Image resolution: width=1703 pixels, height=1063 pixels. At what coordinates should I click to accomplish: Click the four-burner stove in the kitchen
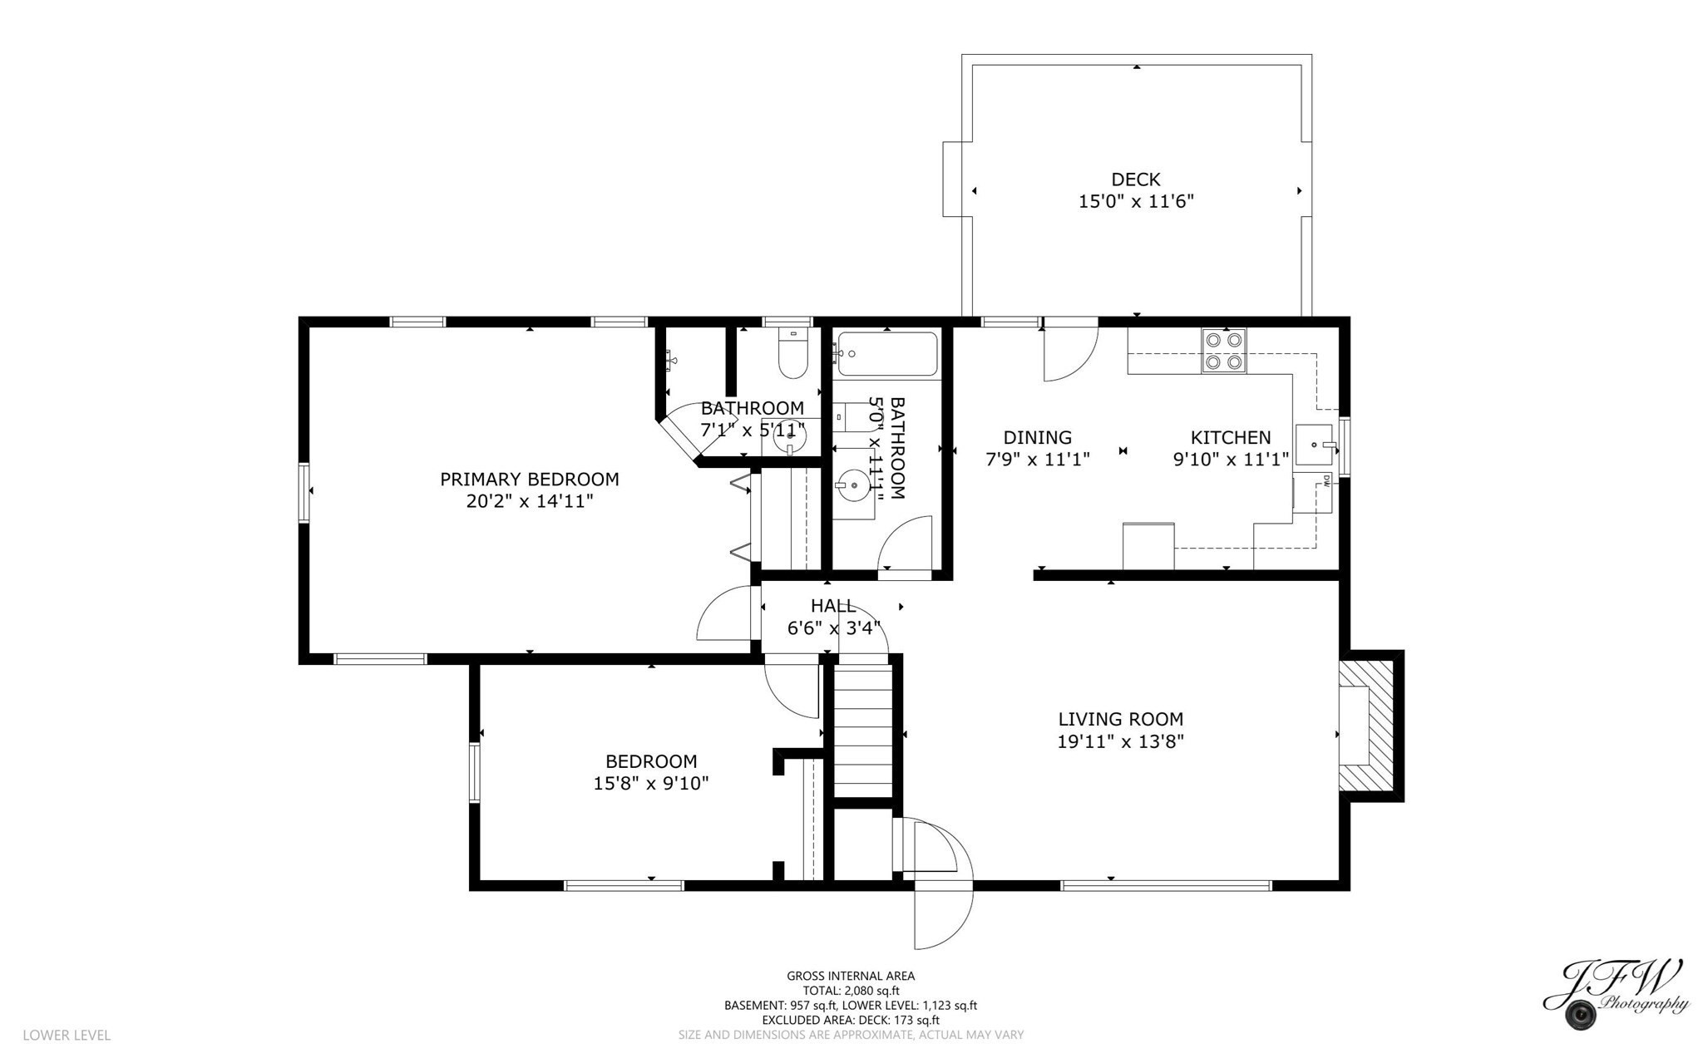tap(1224, 351)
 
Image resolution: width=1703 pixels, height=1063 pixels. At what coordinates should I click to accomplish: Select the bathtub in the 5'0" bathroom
tap(887, 354)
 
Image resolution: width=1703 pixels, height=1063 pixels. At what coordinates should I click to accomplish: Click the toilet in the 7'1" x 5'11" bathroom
tap(792, 357)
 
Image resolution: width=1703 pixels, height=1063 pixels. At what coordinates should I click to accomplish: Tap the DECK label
tap(1135, 179)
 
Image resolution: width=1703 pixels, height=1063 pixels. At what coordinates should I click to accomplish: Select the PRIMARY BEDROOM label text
tap(529, 480)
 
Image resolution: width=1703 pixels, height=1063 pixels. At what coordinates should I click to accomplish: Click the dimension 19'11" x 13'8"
tap(1120, 741)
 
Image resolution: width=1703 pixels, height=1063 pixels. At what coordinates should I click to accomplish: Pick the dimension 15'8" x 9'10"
tap(650, 783)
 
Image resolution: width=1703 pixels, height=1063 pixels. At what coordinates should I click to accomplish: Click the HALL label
tap(832, 606)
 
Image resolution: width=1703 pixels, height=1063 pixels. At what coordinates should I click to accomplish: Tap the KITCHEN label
tap(1230, 437)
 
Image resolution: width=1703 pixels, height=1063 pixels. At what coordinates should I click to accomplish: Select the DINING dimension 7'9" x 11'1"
tap(1037, 459)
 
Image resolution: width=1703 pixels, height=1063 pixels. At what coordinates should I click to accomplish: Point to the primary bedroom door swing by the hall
tap(725, 615)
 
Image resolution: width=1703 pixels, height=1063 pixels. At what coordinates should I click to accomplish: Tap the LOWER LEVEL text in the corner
tap(67, 1035)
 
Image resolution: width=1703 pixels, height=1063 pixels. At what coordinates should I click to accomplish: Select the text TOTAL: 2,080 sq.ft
tap(851, 991)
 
